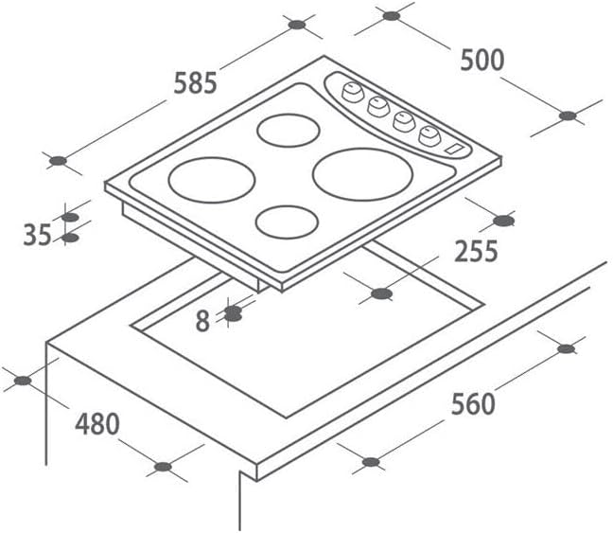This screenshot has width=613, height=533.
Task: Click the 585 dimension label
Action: pyautogui.click(x=195, y=84)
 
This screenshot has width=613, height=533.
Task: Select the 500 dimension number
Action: pyautogui.click(x=482, y=60)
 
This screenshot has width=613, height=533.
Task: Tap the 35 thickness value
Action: pyautogui.click(x=37, y=234)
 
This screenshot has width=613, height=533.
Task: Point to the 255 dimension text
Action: pyautogui.click(x=475, y=252)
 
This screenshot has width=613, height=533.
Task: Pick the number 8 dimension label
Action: pyautogui.click(x=202, y=321)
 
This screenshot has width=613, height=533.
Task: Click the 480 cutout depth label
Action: pyautogui.click(x=97, y=423)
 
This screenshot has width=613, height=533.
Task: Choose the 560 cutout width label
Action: pyautogui.click(x=472, y=404)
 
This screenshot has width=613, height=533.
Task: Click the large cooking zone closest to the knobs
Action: pyautogui.click(x=352, y=173)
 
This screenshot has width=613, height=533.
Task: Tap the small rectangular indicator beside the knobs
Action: pyautogui.click(x=455, y=149)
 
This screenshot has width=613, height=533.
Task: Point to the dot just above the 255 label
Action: pyautogui.click(x=503, y=222)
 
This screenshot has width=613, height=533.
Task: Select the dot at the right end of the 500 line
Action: pyautogui.click(x=567, y=116)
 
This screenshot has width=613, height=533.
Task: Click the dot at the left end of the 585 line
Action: pyautogui.click(x=58, y=161)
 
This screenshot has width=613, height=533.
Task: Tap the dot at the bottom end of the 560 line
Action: pyautogui.click(x=371, y=463)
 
